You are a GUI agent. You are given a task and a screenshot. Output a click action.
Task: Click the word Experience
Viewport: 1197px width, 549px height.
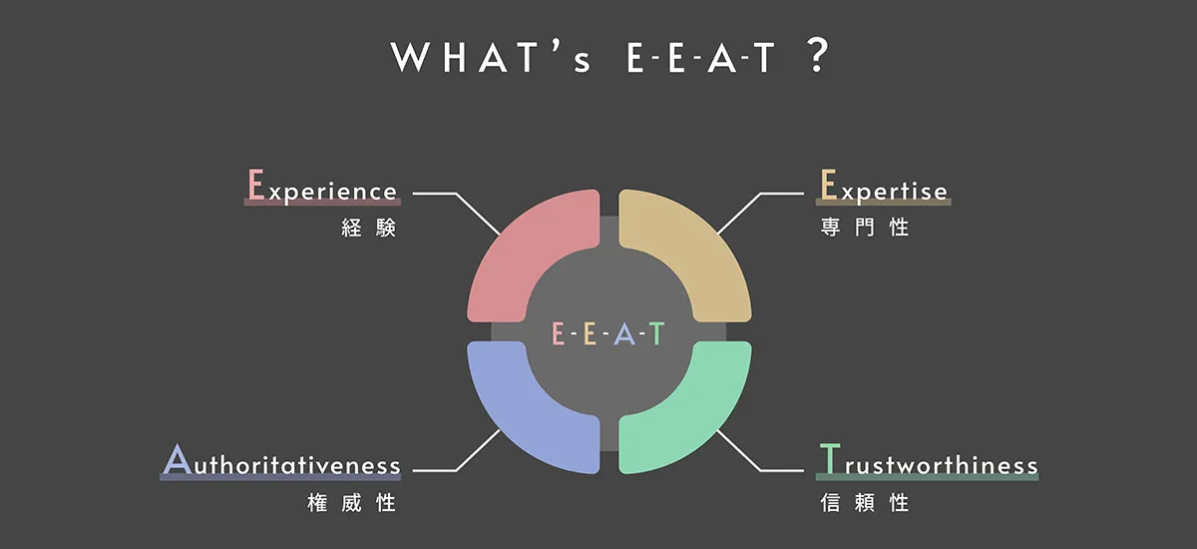[322, 188]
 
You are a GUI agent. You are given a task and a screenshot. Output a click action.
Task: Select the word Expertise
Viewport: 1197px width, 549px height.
[884, 188]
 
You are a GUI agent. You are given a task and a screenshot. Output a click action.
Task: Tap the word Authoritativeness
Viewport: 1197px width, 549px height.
[281, 463]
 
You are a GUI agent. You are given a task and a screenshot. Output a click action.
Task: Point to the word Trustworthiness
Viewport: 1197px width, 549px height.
[928, 463]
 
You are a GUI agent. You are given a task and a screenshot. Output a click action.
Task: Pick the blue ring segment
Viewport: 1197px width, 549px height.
[519, 419]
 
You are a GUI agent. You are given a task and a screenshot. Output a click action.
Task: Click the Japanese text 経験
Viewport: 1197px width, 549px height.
[368, 228]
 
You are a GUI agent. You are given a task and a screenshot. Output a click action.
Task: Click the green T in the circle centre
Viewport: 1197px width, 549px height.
[656, 334]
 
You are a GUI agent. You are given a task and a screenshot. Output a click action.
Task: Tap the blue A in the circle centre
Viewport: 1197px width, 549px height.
[623, 334]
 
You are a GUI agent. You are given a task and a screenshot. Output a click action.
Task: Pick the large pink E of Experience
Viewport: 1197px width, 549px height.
[255, 185]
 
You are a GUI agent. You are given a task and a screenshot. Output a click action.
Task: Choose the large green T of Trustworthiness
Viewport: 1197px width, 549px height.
[827, 460]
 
